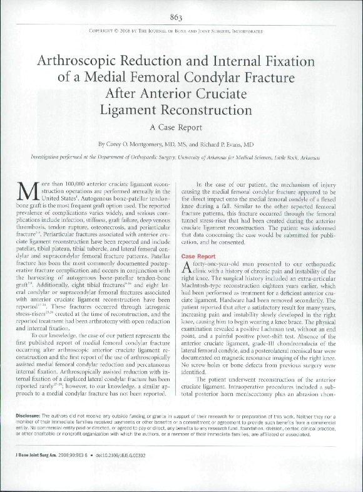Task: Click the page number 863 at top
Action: (181, 17)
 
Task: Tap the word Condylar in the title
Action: (230, 78)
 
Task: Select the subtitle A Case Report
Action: (181, 127)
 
